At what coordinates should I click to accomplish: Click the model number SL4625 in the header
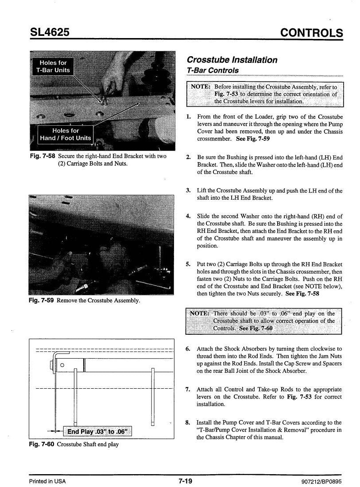(x=50, y=32)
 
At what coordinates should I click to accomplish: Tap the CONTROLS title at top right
(x=312, y=33)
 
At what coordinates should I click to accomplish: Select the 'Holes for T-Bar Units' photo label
(x=53, y=66)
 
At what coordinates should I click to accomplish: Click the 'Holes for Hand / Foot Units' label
(x=66, y=135)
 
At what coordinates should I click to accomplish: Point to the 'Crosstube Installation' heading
(x=232, y=60)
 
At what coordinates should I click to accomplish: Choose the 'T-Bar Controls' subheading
(x=213, y=70)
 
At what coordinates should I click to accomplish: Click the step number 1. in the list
(x=188, y=117)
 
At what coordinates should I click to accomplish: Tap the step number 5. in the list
(x=188, y=264)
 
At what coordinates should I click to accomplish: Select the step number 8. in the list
(x=188, y=422)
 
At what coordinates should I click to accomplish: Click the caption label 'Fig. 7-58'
(x=43, y=156)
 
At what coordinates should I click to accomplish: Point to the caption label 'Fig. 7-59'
(x=41, y=300)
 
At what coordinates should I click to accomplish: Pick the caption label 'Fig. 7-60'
(x=42, y=444)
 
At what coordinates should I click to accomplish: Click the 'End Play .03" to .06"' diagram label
(x=97, y=431)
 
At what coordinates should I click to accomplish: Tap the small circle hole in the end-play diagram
(x=62, y=365)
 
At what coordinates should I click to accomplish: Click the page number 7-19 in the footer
(x=186, y=481)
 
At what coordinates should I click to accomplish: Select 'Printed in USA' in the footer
(x=47, y=481)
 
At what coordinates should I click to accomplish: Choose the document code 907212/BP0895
(x=321, y=482)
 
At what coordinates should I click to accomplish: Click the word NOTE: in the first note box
(x=200, y=87)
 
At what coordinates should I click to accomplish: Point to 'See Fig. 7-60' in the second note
(x=255, y=329)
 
